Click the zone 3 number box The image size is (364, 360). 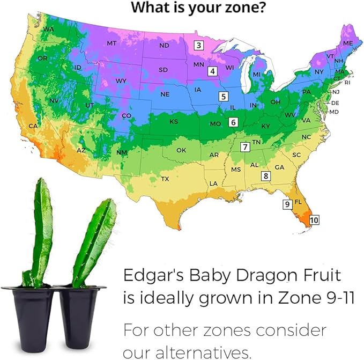[x=199, y=46]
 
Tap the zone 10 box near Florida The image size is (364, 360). [x=314, y=220]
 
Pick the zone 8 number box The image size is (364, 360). [x=265, y=175]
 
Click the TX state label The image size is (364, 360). [x=166, y=179]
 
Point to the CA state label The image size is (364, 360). [x=33, y=126]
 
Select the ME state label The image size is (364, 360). [x=348, y=42]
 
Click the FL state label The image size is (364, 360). [x=299, y=202]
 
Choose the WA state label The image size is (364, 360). [x=49, y=28]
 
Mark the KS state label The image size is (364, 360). [x=174, y=122]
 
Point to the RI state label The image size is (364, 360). [x=347, y=83]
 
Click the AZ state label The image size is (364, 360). [x=81, y=150]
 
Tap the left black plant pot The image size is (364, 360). [x=29, y=311]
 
